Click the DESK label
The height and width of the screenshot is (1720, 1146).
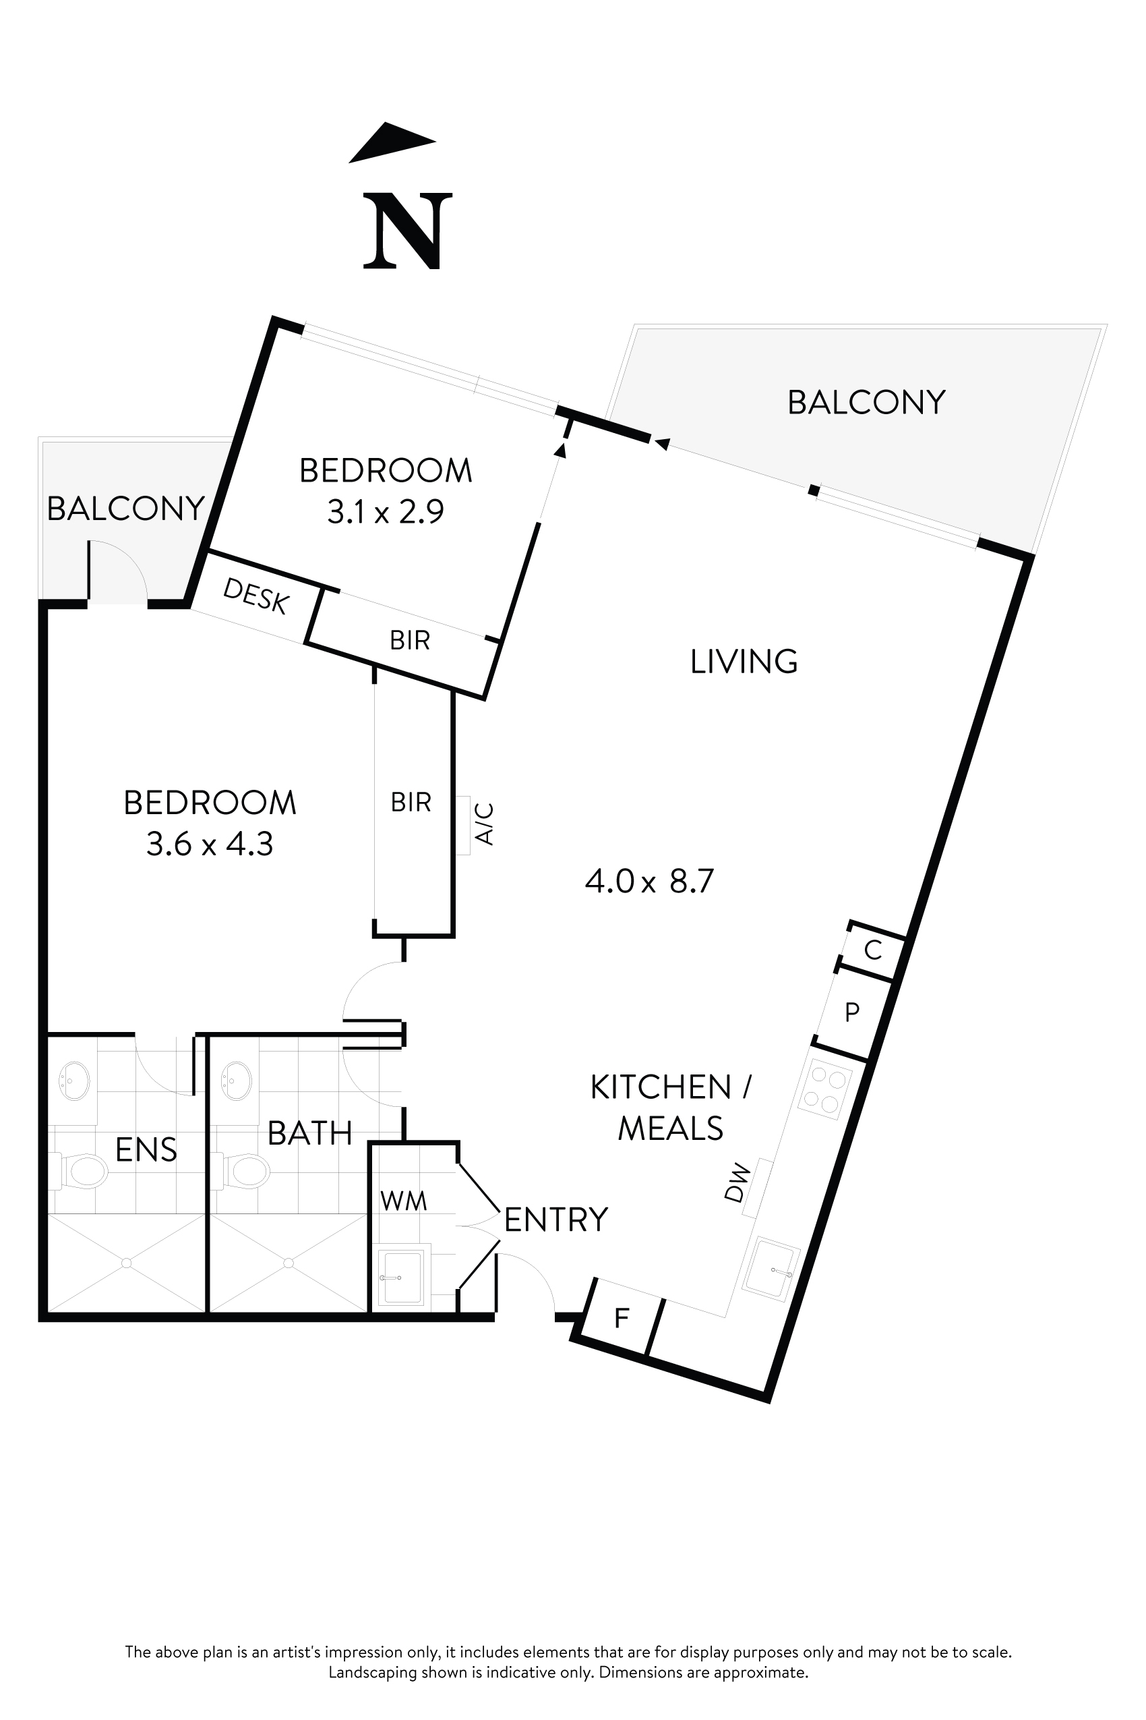click(255, 596)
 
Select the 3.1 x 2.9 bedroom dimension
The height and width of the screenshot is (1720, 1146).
click(385, 512)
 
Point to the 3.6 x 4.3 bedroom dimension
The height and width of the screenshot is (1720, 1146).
click(210, 844)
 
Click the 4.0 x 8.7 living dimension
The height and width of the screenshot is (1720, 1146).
click(649, 881)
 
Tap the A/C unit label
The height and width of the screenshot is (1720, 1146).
click(485, 824)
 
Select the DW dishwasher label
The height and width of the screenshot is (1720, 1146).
click(737, 1182)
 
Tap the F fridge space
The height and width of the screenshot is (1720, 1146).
click(622, 1319)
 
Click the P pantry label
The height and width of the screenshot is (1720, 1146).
click(851, 1012)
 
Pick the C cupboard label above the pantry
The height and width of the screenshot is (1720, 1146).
click(873, 950)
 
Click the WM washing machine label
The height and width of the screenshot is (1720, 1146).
click(403, 1201)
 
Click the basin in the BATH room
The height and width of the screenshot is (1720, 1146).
click(238, 1080)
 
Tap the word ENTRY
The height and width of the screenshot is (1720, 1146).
click(555, 1220)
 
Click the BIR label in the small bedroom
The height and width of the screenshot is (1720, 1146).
click(409, 641)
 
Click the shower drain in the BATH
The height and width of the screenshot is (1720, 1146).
click(288, 1263)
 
